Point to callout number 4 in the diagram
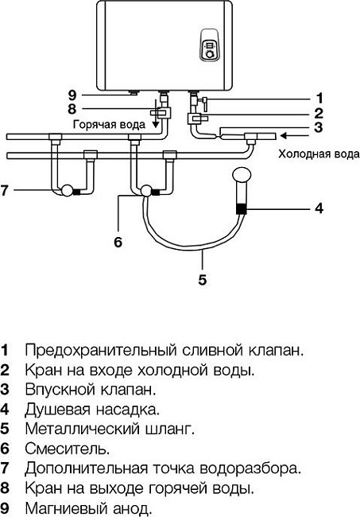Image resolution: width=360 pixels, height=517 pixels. point(318,210)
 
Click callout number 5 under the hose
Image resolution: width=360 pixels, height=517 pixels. point(203,279)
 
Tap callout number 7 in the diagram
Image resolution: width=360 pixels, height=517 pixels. point(5,190)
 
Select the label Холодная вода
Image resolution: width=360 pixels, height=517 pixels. point(312,157)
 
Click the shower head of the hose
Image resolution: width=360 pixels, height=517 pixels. point(239,174)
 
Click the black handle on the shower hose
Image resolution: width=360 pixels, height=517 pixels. point(241,210)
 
